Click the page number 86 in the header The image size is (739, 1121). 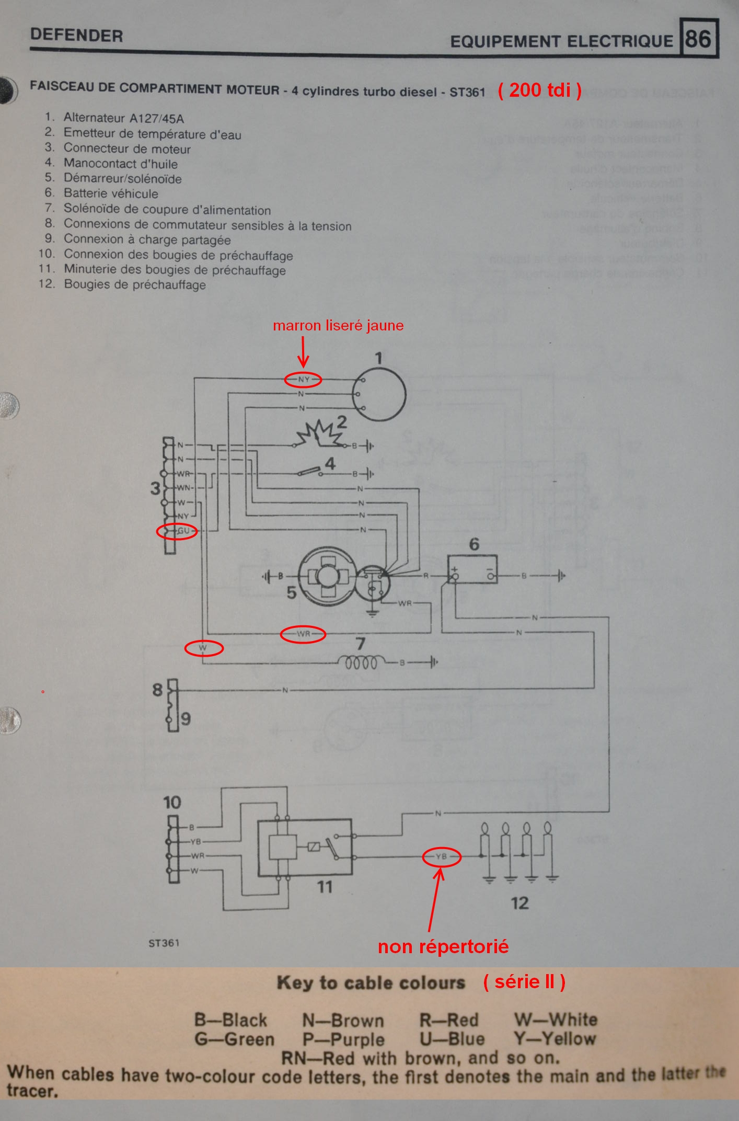click(x=698, y=39)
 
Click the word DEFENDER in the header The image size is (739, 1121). click(x=76, y=36)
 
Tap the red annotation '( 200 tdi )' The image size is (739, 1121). click(x=539, y=90)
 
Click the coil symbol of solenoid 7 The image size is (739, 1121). click(x=361, y=662)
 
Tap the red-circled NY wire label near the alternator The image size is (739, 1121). click(x=303, y=379)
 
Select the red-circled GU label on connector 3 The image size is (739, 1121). click(x=178, y=531)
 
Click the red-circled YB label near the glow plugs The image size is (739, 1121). click(x=442, y=857)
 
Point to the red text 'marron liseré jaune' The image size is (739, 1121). click(x=338, y=326)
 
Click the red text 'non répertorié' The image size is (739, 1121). click(x=443, y=946)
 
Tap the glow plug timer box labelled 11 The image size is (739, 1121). click(x=305, y=847)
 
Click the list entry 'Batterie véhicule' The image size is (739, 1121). click(x=111, y=193)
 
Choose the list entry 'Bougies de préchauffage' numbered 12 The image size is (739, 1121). click(x=135, y=285)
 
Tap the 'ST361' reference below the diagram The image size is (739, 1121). click(x=164, y=943)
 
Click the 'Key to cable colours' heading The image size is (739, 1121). click(x=371, y=982)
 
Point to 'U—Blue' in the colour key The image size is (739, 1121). click(x=452, y=1039)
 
